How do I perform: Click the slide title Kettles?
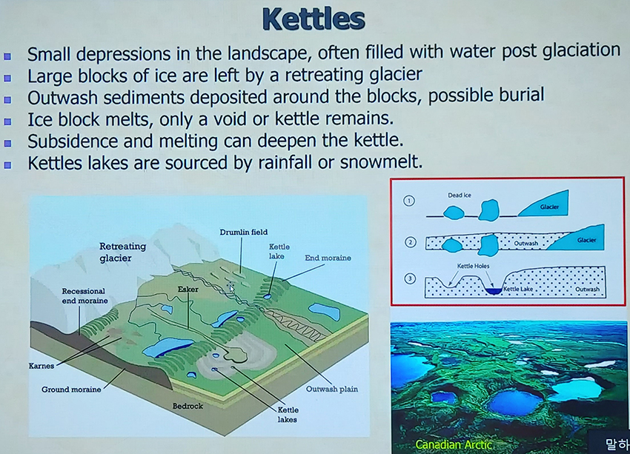(314, 19)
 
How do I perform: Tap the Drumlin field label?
(244, 232)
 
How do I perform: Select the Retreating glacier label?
(122, 252)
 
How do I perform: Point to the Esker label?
(188, 289)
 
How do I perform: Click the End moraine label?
(328, 258)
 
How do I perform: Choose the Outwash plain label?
(332, 389)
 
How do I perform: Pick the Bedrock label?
(188, 406)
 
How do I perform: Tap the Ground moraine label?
(71, 389)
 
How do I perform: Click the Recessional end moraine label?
(84, 296)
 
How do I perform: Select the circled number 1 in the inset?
(409, 201)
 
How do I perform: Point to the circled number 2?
(410, 242)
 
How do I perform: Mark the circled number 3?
(410, 278)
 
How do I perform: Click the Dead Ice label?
(460, 195)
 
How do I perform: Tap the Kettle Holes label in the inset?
(473, 266)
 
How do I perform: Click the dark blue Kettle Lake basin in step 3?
(494, 291)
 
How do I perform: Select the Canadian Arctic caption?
(454, 444)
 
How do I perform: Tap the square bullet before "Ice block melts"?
(7, 121)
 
